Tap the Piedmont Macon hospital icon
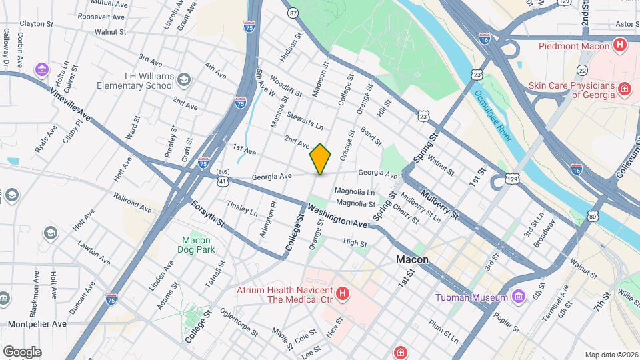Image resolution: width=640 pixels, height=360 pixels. tap(620, 46)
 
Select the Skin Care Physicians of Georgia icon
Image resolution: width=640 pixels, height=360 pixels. tap(625, 89)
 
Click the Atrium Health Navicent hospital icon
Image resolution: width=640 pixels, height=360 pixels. tap(342, 293)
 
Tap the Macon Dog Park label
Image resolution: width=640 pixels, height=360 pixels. tap(196, 245)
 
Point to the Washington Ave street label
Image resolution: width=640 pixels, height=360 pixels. tap(337, 215)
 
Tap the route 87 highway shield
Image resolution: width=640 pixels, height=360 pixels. tap(293, 13)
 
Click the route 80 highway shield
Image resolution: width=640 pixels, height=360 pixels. tap(592, 215)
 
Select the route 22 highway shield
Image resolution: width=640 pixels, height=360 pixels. tap(582, 70)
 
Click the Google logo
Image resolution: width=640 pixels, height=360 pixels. tap(22, 351)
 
